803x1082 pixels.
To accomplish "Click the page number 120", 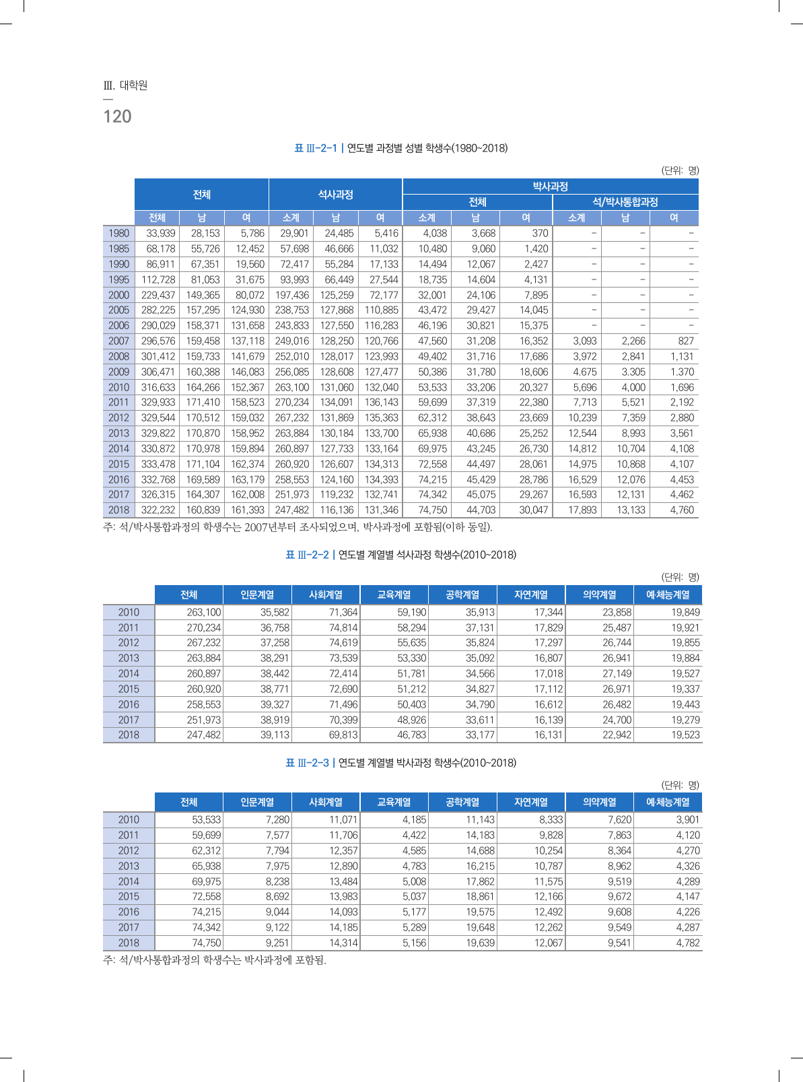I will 117,116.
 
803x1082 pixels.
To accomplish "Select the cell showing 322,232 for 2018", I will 158,510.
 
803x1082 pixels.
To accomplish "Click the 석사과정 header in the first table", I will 335,194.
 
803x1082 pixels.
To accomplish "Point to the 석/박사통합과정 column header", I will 625,202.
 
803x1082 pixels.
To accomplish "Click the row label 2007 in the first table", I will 118,341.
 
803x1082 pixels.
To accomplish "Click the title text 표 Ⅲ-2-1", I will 316,148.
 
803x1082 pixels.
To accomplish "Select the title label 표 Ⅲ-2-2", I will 308,555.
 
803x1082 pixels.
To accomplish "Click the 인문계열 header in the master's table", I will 257,595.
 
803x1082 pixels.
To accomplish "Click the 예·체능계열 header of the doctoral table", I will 668,802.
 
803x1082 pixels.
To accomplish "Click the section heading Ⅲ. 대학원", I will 125,86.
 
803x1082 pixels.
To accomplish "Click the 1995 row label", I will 118,279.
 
